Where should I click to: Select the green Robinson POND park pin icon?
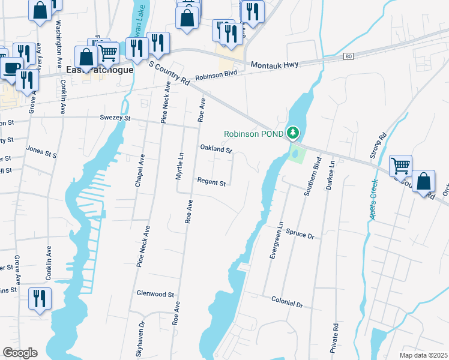[x=293, y=131]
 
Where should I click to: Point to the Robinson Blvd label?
[x=216, y=74]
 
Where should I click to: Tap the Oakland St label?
[x=215, y=149]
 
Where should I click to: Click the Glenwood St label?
[x=155, y=295]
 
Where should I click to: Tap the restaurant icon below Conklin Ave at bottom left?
[x=40, y=298]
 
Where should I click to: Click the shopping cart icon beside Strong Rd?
[x=400, y=165]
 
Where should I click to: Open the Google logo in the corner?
[x=20, y=353]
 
